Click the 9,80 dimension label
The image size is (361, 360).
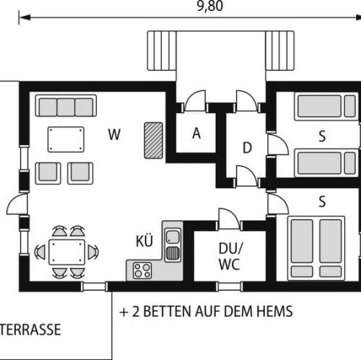210,6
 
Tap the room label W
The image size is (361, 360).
114,135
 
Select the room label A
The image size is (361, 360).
196,133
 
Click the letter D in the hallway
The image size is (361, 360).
247,148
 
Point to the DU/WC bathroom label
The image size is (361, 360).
230,256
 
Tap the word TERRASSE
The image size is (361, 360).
30,330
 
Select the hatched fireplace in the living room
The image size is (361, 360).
154,141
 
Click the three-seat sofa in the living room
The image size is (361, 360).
66,106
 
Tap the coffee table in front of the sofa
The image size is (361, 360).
66,139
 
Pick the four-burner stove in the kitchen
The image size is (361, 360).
142,271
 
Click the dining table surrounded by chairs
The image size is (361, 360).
66,252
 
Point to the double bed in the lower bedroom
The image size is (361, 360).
316,248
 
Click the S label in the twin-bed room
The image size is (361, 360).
322,136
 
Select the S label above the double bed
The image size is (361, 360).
322,201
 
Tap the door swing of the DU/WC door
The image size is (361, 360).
229,219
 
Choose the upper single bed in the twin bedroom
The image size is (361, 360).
326,106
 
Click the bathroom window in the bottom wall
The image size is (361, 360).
230,286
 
